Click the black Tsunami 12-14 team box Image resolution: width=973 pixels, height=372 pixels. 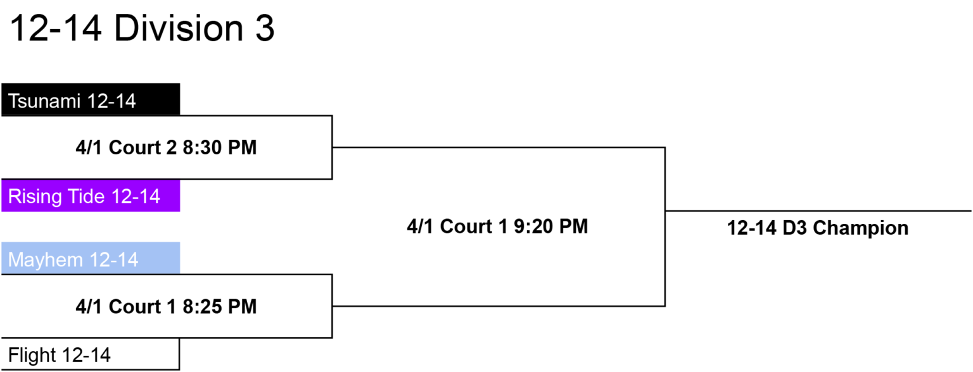91,99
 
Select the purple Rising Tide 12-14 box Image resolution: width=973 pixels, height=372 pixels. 91,195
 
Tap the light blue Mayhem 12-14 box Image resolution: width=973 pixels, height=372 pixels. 91,258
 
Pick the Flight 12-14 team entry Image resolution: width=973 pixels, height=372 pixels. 91,354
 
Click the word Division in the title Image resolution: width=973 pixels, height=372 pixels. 179,28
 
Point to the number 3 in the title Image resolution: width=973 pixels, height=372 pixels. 265,28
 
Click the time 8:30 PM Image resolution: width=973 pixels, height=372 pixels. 219,147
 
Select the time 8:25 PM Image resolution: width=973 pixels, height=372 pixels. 219,307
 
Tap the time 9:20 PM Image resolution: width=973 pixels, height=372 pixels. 550,226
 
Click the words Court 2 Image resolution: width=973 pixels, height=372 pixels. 143,147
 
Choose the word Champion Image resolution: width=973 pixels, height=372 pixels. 860,228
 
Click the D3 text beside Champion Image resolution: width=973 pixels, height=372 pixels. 794,228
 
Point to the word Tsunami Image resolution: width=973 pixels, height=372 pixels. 44,101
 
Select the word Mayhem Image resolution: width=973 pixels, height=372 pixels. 45,260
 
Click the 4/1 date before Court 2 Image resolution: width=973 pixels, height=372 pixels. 89,147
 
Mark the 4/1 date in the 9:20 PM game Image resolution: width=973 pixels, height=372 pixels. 420,226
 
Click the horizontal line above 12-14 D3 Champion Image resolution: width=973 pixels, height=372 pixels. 818,211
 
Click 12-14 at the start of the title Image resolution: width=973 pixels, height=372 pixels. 56,28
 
